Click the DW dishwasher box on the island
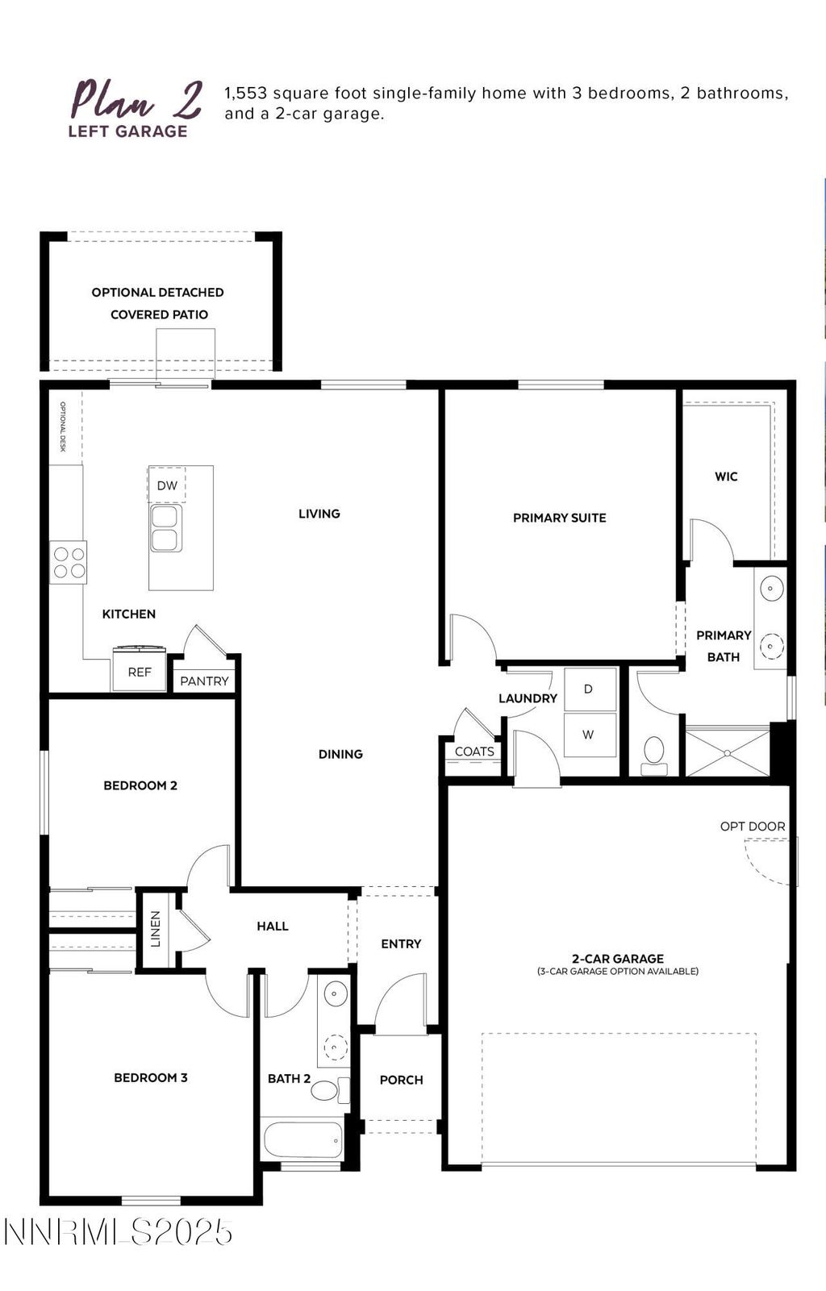167,485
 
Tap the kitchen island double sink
166,528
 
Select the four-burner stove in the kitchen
69,562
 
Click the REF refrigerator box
140,671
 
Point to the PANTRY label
204,681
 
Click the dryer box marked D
589,689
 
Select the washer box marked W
589,735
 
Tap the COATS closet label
474,752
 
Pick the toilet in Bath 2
325,1091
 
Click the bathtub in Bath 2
303,1139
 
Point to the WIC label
726,477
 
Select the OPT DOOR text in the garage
752,827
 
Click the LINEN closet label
156,929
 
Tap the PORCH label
401,1080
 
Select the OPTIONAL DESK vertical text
62,427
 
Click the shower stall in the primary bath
727,753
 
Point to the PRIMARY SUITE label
559,518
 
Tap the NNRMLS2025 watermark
119,1231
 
